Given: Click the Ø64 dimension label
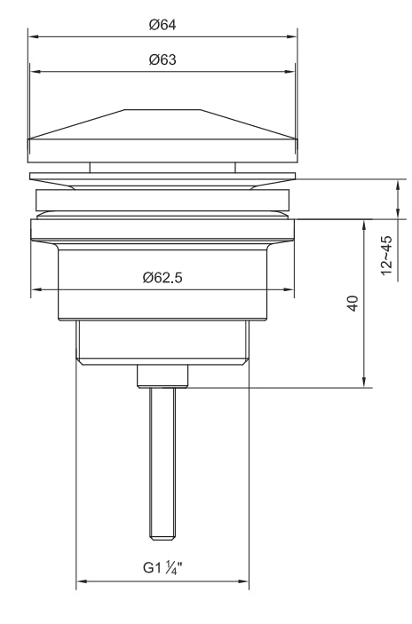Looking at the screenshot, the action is [x=162, y=25].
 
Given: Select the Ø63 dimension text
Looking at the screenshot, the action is [x=162, y=59].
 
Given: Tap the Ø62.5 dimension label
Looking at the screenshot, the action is [x=162, y=277].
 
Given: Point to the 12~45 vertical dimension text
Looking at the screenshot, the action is [x=386, y=255].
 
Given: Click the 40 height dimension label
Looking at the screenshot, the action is [x=353, y=304].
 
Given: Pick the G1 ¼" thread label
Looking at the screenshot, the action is [x=162, y=568].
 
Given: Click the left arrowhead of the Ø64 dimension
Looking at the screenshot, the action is [x=33, y=37].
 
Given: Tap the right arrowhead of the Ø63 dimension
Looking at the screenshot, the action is [x=290, y=72].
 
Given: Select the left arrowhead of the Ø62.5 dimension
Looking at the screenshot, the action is [x=36, y=289].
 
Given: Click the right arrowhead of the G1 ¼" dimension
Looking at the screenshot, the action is [x=243, y=581].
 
